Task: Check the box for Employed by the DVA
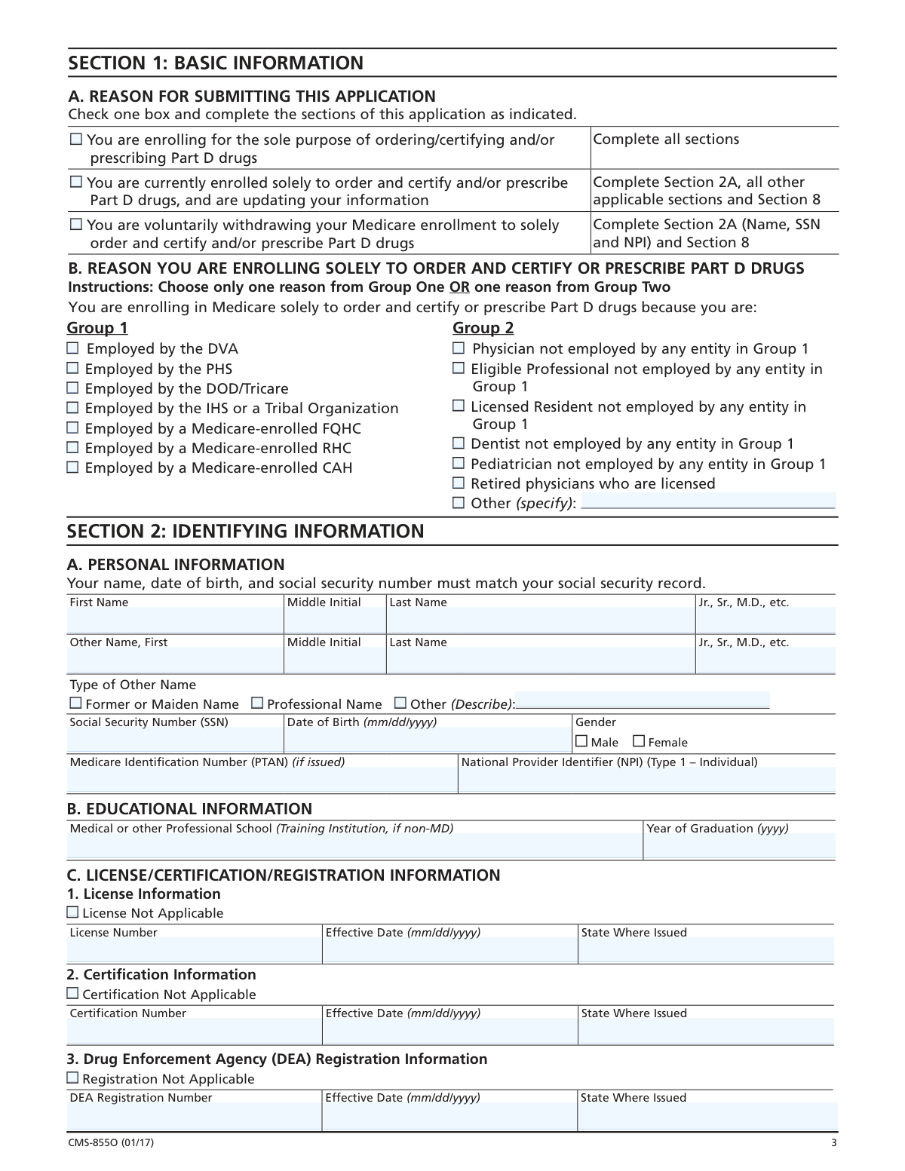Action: click(73, 348)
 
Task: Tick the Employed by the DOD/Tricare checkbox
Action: click(73, 388)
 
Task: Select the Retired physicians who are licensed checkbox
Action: click(459, 483)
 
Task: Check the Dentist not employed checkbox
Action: click(459, 443)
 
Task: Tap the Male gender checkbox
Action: click(581, 742)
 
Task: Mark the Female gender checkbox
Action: click(639, 742)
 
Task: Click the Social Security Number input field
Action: click(175, 740)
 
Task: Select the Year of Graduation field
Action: click(739, 847)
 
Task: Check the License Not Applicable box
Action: click(73, 912)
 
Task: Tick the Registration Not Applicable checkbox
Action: click(73, 1078)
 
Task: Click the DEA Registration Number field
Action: click(195, 1116)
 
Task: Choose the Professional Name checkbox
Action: click(257, 704)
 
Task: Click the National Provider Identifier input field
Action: click(646, 780)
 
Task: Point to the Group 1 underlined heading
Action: click(97, 328)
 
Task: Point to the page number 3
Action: click(833, 1143)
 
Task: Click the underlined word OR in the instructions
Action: click(459, 287)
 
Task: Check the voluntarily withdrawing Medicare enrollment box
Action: click(76, 225)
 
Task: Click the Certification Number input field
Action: click(195, 1031)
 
